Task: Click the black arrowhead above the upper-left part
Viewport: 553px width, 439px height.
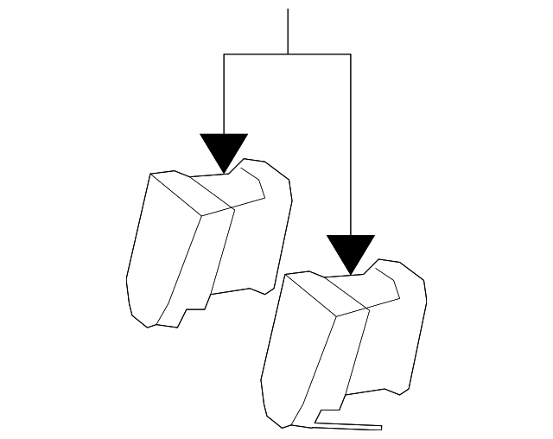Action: (x=224, y=149)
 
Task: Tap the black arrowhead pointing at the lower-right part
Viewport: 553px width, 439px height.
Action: (x=351, y=251)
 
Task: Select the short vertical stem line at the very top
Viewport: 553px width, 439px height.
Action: (x=288, y=31)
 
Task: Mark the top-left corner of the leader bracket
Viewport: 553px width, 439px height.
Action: (x=224, y=54)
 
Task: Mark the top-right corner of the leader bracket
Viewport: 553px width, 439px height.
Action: (x=351, y=54)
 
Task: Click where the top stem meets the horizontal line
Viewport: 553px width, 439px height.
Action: (x=288, y=54)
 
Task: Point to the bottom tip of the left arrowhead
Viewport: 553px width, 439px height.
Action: (x=224, y=172)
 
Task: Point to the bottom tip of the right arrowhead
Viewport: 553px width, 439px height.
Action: (x=351, y=275)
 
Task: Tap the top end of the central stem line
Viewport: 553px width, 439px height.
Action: (x=288, y=10)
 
